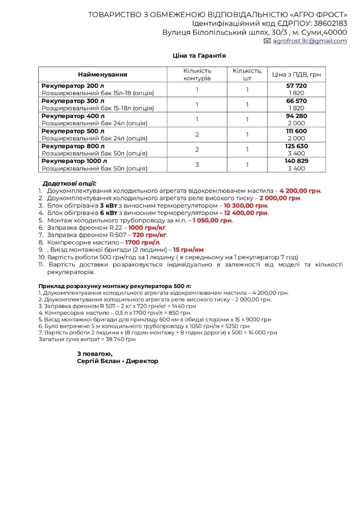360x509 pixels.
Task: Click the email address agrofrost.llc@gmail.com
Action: point(310,41)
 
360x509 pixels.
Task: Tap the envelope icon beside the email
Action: point(267,41)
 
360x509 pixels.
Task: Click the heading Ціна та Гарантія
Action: point(199,56)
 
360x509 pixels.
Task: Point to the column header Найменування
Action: point(103,74)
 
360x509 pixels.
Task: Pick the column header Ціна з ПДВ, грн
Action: point(297,74)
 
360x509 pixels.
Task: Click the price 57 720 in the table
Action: point(297,86)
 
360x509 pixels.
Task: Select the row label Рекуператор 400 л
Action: point(73,116)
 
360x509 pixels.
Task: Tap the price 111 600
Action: point(297,131)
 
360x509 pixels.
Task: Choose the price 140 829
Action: point(297,161)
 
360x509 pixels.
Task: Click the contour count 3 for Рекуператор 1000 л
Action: point(197,165)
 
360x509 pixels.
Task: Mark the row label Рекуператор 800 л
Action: point(73,146)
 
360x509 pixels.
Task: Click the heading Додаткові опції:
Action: point(70,183)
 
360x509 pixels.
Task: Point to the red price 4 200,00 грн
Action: point(300,191)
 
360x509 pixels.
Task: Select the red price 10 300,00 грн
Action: point(246,206)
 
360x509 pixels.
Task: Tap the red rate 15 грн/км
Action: point(188,250)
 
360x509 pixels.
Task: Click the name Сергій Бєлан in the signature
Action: point(99,361)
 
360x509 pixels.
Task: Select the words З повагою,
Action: point(95,354)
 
